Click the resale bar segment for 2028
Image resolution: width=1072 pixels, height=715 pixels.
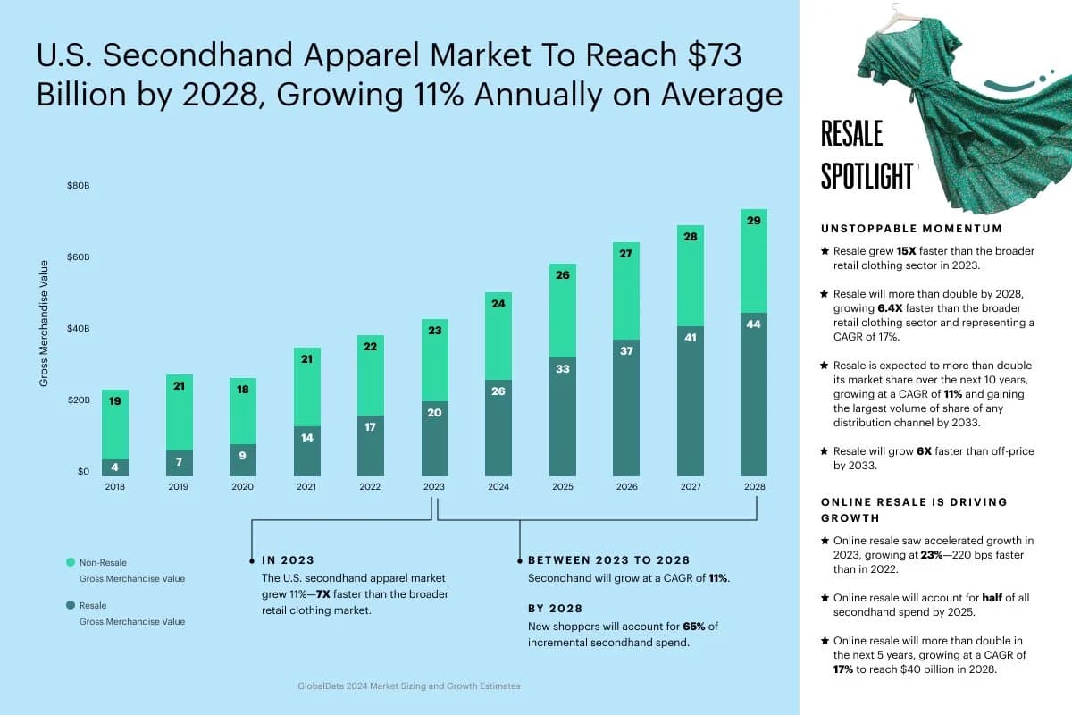coord(753,394)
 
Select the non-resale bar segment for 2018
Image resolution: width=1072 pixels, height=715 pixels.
coord(114,425)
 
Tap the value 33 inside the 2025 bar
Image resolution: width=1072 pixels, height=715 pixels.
coord(562,368)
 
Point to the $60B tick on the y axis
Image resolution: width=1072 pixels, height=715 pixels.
coord(79,257)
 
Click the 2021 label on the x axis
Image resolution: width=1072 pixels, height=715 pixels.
coord(306,487)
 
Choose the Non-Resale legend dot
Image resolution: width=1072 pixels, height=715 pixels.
coord(71,562)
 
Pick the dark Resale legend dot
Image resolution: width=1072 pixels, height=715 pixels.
coord(71,605)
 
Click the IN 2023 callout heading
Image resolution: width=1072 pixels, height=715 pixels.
coord(288,560)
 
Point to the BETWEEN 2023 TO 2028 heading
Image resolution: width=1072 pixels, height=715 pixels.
coord(608,560)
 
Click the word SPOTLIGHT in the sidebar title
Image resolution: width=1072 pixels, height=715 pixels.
coord(867,176)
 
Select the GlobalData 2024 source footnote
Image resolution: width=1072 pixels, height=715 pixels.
coord(408,686)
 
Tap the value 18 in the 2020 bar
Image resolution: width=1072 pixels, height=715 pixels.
coord(242,390)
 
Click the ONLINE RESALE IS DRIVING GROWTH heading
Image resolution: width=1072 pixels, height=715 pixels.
coord(913,509)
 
